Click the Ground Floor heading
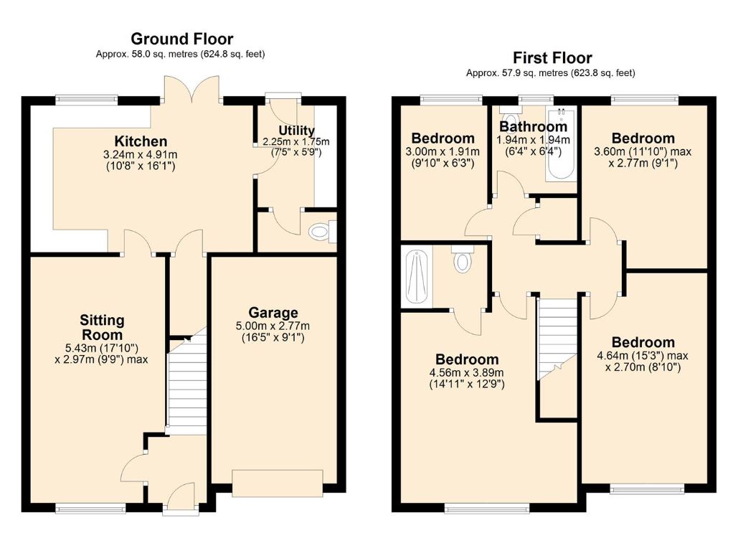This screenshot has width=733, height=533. pyautogui.click(x=181, y=39)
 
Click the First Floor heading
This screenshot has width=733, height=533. pyautogui.click(x=552, y=57)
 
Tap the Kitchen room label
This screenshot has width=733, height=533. pyautogui.click(x=140, y=141)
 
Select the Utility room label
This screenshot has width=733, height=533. pyautogui.click(x=296, y=130)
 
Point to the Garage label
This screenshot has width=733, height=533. pyautogui.click(x=273, y=313)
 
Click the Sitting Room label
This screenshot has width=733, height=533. pyautogui.click(x=101, y=327)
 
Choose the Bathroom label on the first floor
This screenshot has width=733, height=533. pyautogui.click(x=533, y=127)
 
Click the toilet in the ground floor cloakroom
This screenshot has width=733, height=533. pyautogui.click(x=320, y=232)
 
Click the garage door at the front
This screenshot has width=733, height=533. pyautogui.click(x=277, y=483)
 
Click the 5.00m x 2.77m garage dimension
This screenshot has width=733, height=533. pyautogui.click(x=273, y=326)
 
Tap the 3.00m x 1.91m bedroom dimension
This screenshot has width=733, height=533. pyautogui.click(x=443, y=151)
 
